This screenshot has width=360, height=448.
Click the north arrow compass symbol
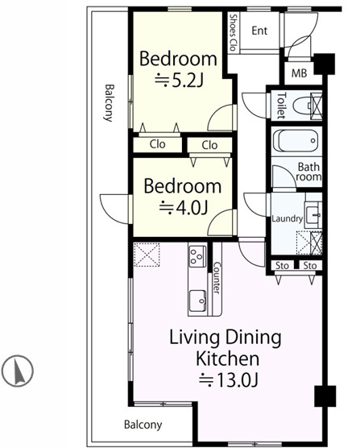coord(17,371)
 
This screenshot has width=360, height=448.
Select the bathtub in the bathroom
coord(296,141)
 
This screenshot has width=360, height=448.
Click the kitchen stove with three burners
coord(197,256)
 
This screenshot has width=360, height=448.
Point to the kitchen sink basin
coord(197,301)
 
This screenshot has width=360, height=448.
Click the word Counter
coord(217,278)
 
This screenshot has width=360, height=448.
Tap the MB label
coord(299,73)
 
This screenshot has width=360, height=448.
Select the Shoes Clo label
coord(234,32)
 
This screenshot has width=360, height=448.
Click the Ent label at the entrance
coord(259,31)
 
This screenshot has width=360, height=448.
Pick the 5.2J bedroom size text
coord(179,81)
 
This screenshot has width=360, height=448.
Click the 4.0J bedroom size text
coord(183,207)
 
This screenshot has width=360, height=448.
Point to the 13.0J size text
coord(228,380)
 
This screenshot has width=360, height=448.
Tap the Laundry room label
coord(287,219)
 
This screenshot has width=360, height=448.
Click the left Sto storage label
coord(282,266)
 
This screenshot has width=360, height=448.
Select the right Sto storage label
coord(310,266)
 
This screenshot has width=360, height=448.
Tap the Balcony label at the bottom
coord(143,425)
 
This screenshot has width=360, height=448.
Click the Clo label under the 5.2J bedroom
coord(157,144)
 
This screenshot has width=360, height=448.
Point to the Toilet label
coord(281,105)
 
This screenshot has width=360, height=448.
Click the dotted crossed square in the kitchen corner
coord(147,255)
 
